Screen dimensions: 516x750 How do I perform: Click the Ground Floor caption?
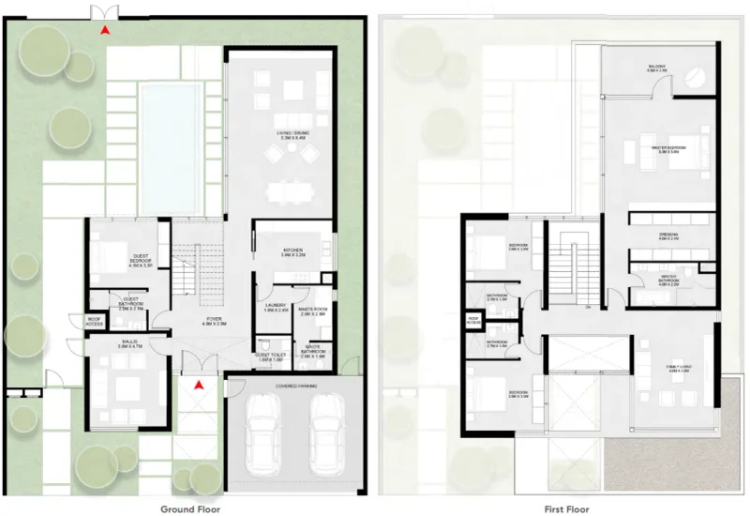(x=190, y=509)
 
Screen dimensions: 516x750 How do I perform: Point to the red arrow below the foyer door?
(x=198, y=385)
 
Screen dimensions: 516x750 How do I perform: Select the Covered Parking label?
(x=293, y=385)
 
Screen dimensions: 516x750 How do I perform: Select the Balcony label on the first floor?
(x=656, y=68)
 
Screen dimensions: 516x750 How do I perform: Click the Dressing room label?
(x=668, y=236)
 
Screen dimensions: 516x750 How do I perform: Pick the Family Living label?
(x=679, y=369)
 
